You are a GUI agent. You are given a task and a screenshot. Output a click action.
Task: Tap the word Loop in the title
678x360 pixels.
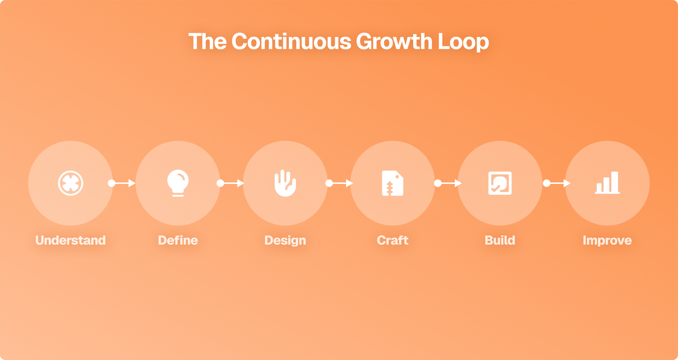click(463, 42)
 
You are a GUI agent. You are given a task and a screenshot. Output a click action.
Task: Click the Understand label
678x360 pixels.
click(71, 240)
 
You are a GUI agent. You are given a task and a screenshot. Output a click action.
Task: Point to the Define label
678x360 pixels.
click(178, 240)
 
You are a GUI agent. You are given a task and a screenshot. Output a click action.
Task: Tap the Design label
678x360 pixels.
click(285, 240)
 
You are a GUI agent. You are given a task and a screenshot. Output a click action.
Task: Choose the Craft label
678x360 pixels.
click(393, 240)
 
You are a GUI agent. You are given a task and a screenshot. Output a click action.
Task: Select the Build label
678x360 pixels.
click(500, 240)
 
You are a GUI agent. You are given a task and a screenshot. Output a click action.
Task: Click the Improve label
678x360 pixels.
click(607, 240)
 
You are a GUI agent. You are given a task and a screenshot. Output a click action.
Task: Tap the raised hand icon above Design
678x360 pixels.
click(285, 183)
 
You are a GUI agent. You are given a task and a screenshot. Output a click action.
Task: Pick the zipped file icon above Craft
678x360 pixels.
click(393, 183)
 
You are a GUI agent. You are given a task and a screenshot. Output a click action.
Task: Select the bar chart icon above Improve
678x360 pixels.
click(607, 183)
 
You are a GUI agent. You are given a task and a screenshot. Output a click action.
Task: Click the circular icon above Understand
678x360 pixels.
click(71, 183)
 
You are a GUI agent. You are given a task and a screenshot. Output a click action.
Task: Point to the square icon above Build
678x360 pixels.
click(500, 183)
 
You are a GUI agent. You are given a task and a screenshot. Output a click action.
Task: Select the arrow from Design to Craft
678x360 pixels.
click(339, 183)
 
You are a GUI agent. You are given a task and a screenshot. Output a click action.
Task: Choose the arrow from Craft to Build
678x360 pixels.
click(448, 183)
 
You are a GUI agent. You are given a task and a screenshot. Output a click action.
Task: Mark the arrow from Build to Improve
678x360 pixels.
click(557, 183)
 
